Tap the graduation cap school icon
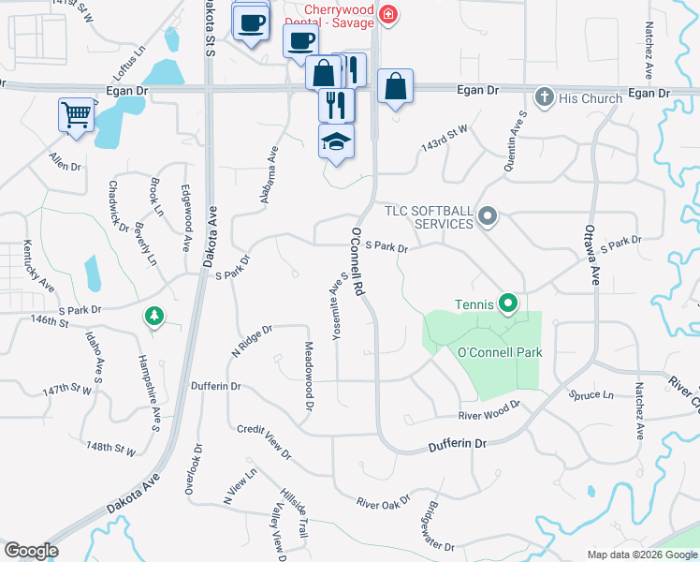coord(336,141)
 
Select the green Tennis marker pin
coord(507,303)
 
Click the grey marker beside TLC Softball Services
coord(487,217)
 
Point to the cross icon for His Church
coord(543,96)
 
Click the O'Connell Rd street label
coord(357,261)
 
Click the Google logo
coord(31,551)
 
